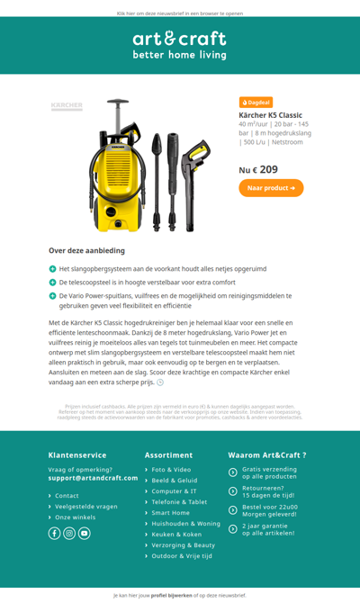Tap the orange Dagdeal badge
256,103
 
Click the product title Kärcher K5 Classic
270,115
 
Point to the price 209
268,169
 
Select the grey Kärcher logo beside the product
67,106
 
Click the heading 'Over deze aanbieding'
86,250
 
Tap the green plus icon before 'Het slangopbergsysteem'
53,269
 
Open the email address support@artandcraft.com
94,478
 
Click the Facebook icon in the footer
54,533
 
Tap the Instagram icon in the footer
69,533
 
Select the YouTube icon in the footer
85,533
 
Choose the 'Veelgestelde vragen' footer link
86,507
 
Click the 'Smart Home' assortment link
170,513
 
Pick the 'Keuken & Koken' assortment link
176,535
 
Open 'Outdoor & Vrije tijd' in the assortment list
182,556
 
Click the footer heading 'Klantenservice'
77,455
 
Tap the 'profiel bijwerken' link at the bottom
170,595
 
